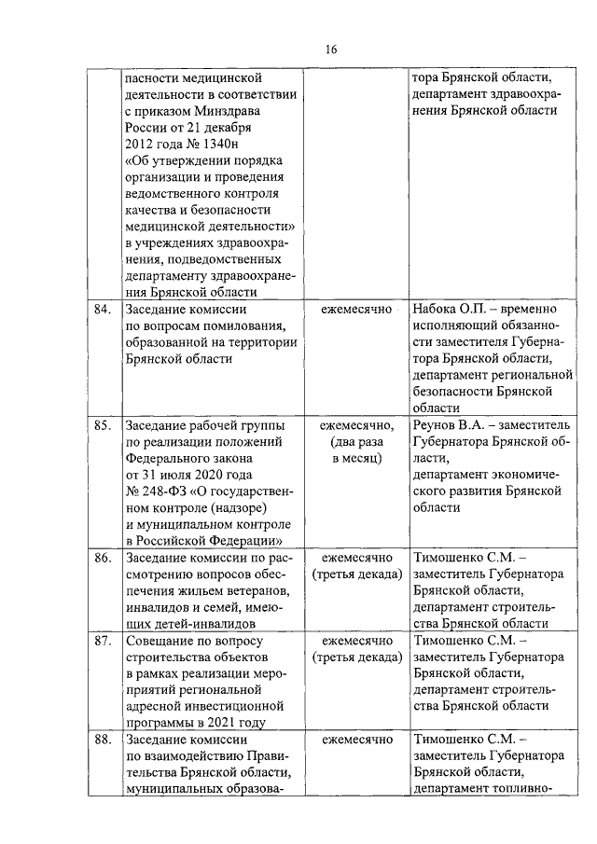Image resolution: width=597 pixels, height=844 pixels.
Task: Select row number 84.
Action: (x=104, y=309)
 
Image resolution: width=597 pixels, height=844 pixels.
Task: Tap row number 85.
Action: (x=104, y=425)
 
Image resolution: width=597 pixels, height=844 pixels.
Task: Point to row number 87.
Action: (x=104, y=642)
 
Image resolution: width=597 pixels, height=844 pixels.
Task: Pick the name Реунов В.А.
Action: (x=446, y=425)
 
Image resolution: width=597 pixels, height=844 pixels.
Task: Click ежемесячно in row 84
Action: (x=356, y=309)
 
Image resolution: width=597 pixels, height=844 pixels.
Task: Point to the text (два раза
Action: (x=356, y=442)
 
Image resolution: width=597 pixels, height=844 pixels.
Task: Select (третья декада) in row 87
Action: (x=357, y=658)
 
